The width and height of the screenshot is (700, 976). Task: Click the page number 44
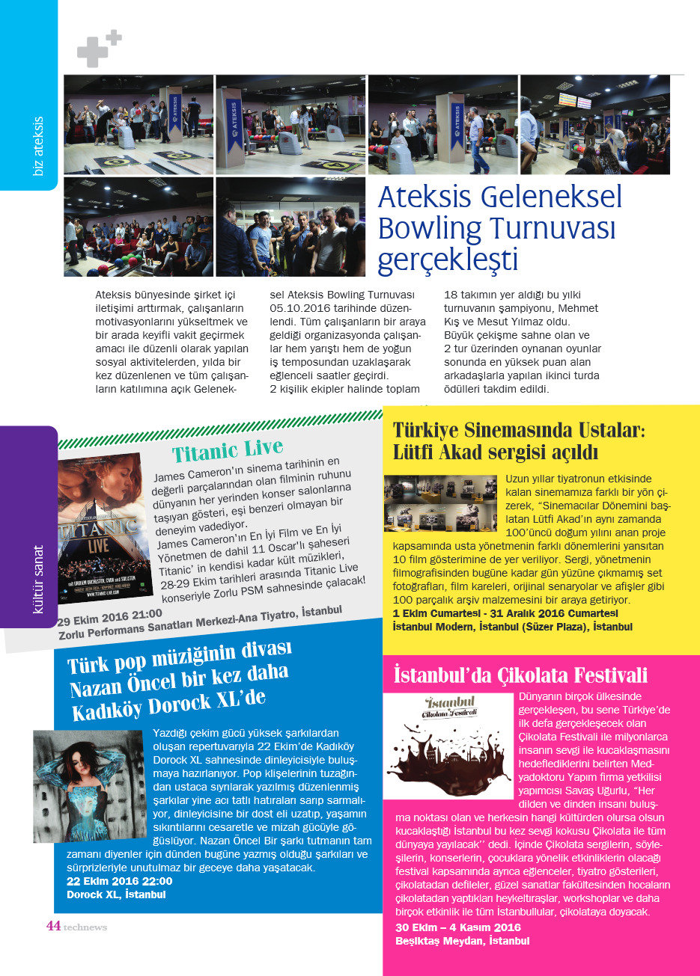(53, 926)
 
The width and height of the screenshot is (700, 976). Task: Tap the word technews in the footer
(85, 927)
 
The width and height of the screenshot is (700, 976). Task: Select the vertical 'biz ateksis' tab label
(38, 146)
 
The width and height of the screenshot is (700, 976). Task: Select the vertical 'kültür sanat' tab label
(38, 580)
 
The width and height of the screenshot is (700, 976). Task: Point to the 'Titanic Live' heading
(228, 450)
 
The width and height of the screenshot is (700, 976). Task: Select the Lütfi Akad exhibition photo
(440, 503)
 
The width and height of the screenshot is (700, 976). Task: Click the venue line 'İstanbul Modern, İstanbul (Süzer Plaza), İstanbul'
(513, 627)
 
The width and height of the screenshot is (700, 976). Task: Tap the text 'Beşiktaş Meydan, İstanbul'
(462, 941)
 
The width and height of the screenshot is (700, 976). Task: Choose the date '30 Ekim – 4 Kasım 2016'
(458, 927)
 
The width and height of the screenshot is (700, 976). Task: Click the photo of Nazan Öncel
(88, 786)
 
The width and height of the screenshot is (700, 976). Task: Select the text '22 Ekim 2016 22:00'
(119, 881)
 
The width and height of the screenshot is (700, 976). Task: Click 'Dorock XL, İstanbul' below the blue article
(116, 894)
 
